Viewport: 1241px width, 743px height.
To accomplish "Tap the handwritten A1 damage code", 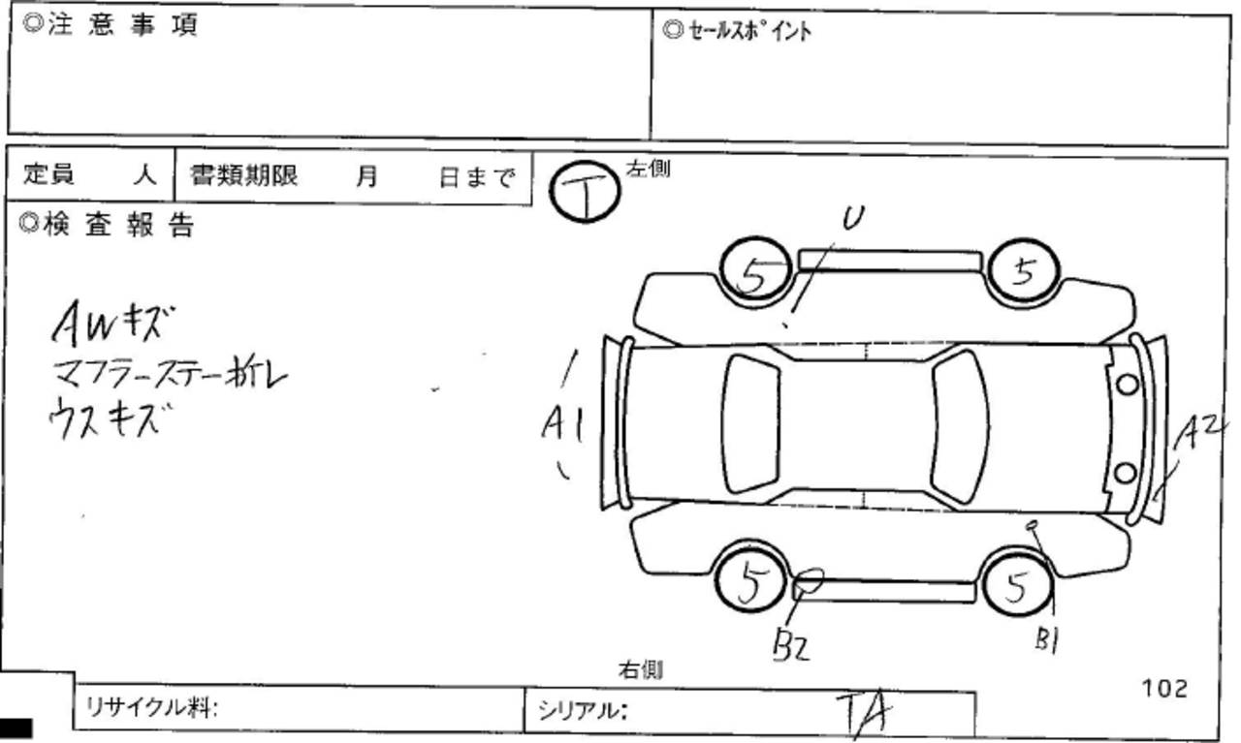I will coord(562,426).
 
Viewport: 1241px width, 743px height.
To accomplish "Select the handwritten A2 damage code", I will coord(1199,435).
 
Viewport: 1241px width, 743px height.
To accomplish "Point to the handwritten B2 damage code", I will coord(790,644).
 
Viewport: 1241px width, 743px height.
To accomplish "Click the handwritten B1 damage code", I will coord(1045,640).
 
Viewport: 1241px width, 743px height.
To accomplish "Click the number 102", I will coord(1164,688).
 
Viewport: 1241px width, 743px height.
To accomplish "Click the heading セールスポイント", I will coord(737,31).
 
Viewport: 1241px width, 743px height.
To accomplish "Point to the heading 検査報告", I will coord(107,225).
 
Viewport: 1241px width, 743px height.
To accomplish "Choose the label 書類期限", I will coord(243,175).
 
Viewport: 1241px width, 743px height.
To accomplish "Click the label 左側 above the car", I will coord(648,169).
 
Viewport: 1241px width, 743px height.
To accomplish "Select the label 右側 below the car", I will coord(641,669).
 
